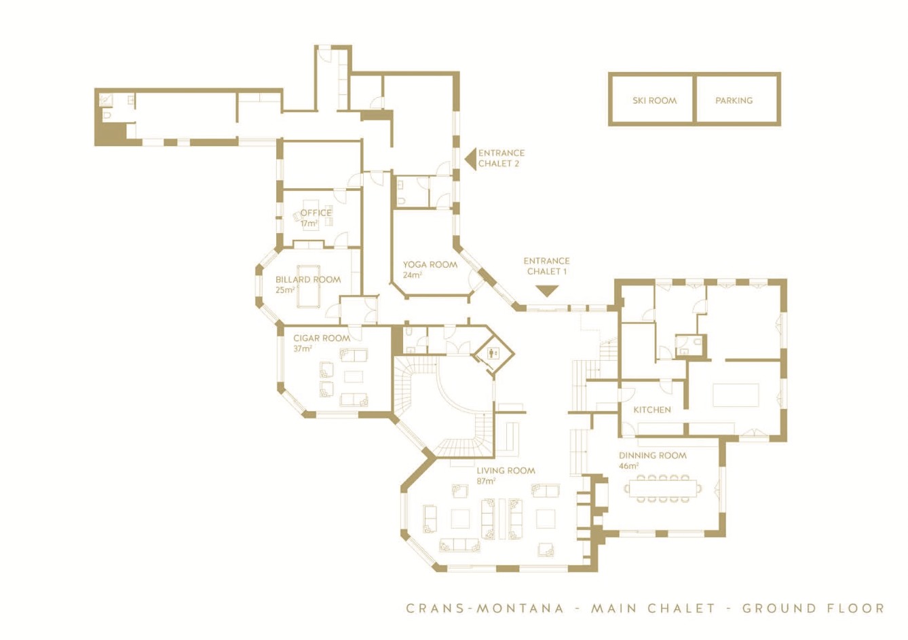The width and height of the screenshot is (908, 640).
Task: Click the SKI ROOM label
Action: click(x=654, y=101)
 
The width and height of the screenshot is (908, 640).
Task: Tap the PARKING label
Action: click(x=734, y=101)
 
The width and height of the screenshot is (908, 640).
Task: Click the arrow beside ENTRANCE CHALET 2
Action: click(x=470, y=159)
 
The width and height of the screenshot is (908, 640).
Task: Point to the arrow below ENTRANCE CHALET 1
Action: click(x=547, y=291)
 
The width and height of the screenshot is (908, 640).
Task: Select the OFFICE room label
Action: click(x=316, y=213)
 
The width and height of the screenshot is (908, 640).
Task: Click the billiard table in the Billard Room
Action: click(x=309, y=287)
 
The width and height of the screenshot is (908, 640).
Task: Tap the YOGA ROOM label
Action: click(x=430, y=264)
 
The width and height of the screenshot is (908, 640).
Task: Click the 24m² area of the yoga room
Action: click(x=412, y=275)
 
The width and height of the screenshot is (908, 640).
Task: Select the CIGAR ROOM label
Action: click(x=322, y=338)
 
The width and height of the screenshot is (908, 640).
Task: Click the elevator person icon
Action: click(x=493, y=353)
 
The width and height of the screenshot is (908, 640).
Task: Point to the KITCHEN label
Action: click(x=651, y=410)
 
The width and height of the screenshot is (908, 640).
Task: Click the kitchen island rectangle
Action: click(x=736, y=395)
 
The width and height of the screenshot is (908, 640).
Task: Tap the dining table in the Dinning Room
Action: click(x=662, y=488)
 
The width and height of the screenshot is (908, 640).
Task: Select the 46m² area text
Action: click(x=628, y=466)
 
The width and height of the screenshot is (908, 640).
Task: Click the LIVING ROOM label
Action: click(x=506, y=470)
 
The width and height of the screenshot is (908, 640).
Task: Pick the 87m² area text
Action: click(x=486, y=481)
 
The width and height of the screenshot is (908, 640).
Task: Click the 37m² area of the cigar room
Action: click(x=303, y=349)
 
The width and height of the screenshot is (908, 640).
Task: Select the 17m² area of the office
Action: click(x=309, y=224)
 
